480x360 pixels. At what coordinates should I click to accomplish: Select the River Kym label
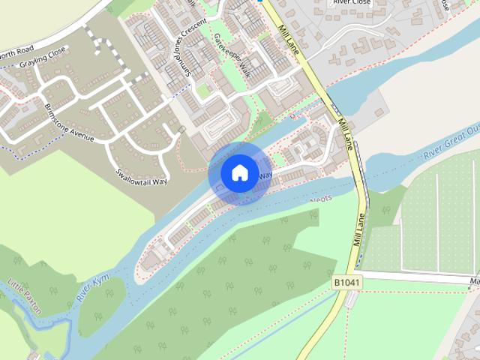[93, 288]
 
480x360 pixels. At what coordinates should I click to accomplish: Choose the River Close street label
[351, 2]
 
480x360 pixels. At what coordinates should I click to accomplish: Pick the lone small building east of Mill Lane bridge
[379, 112]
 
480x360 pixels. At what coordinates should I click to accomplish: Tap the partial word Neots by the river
[322, 199]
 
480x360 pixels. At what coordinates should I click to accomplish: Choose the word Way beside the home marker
[265, 175]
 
